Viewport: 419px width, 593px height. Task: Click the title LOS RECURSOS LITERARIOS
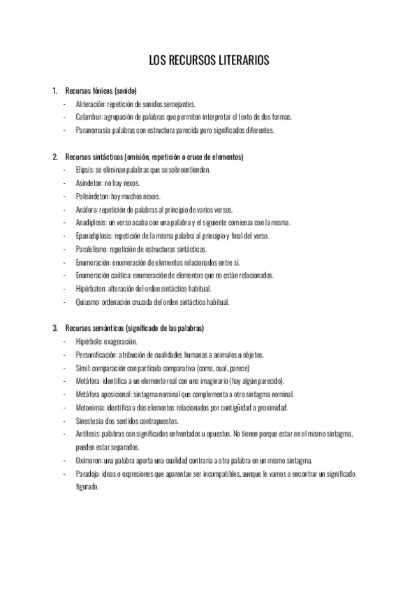(x=209, y=62)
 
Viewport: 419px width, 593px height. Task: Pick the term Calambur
(x=89, y=117)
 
